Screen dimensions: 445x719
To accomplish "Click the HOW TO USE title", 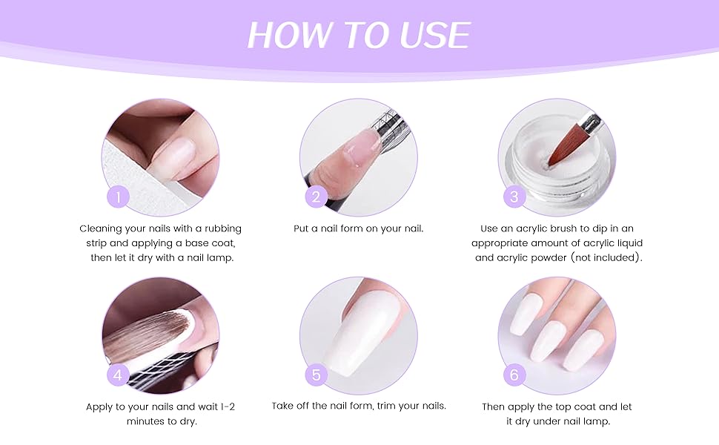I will coord(359,35).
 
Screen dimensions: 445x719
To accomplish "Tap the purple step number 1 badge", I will coord(118,197).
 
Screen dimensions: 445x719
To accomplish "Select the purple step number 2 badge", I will coord(316,197).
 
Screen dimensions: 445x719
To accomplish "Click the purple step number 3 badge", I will coord(514,197).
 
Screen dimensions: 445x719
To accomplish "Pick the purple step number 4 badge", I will coord(118,375).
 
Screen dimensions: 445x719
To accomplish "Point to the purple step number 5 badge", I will coord(316,375).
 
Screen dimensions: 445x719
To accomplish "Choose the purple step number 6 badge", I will coord(514,375).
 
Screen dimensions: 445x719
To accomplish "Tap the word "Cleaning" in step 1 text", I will coord(102,228).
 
